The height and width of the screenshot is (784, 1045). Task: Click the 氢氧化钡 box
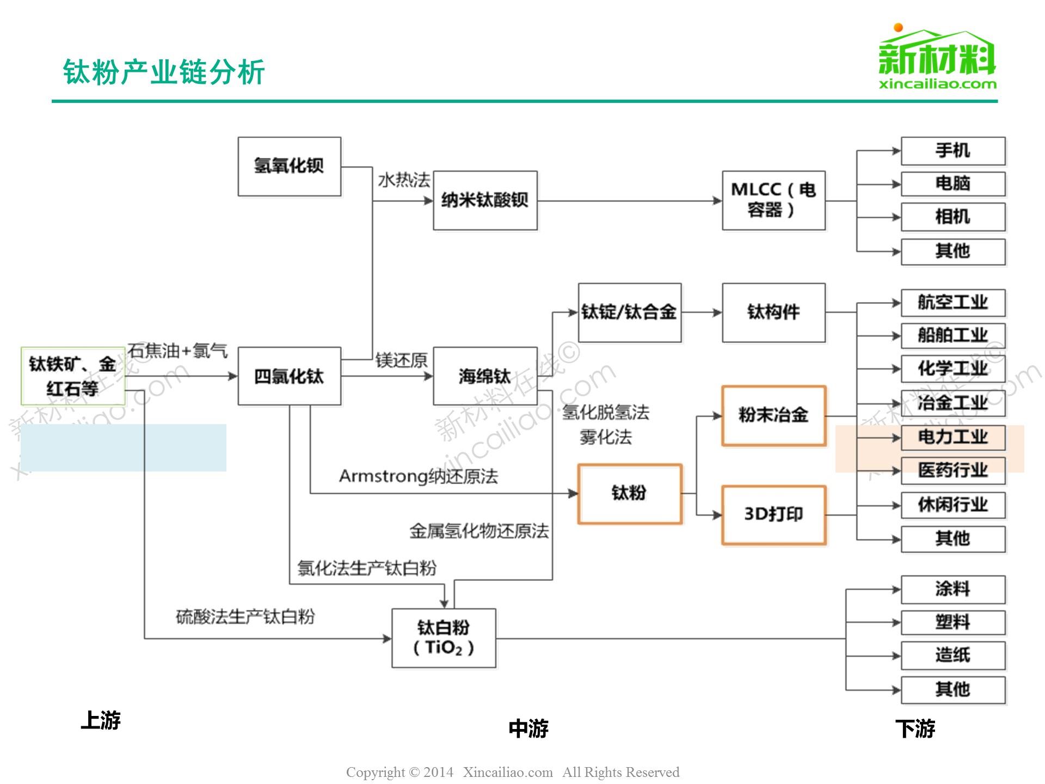[x=289, y=166]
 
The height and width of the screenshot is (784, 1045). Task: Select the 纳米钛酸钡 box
[x=485, y=200]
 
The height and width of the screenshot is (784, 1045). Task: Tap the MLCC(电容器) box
[x=773, y=200]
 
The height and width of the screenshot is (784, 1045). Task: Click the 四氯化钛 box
[x=289, y=376]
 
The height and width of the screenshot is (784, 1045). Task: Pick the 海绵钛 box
[x=485, y=376]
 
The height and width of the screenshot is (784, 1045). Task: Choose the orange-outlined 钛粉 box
[x=629, y=493]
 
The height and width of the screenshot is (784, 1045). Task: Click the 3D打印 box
[x=773, y=514]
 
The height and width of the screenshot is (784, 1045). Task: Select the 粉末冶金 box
[x=773, y=415]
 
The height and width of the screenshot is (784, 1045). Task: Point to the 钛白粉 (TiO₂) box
[x=444, y=638]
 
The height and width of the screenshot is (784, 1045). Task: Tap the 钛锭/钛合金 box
[x=629, y=313]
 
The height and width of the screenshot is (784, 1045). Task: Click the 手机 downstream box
[x=952, y=151]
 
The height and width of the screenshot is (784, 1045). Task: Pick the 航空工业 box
[x=952, y=303]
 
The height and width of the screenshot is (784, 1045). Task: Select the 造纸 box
[x=952, y=655]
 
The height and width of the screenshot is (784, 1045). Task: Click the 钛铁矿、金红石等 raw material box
[x=73, y=376]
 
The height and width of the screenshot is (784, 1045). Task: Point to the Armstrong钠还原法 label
[x=418, y=476]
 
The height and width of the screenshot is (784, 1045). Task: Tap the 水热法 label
[x=404, y=180]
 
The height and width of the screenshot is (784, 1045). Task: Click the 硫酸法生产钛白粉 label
[x=245, y=617]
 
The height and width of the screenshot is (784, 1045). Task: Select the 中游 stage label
[x=528, y=728]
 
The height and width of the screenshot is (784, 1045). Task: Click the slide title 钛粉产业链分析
[x=164, y=72]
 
